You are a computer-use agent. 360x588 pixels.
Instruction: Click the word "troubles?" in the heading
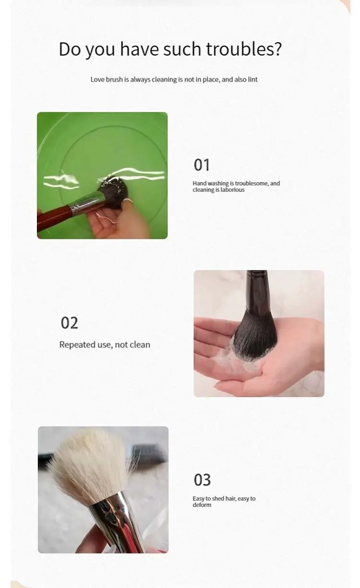[243, 49]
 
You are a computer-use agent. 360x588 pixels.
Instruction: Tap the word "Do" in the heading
[70, 49]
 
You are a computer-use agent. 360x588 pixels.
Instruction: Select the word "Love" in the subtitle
[97, 80]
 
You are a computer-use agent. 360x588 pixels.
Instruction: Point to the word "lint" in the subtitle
[252, 80]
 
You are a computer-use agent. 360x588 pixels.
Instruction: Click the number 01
[202, 165]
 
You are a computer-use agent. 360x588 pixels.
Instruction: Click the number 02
[70, 323]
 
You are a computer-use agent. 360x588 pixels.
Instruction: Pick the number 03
[203, 480]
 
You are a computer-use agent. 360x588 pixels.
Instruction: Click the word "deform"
[202, 505]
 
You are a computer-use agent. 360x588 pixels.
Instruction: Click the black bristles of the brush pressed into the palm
[255, 335]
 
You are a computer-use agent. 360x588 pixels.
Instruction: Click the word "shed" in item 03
[218, 498]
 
